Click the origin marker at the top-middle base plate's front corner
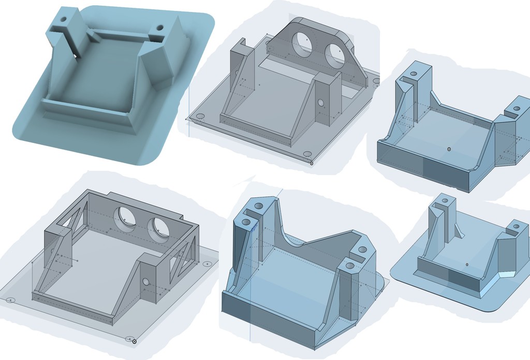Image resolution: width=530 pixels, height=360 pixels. [x=311, y=163]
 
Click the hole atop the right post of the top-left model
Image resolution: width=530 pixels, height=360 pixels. [x=159, y=27]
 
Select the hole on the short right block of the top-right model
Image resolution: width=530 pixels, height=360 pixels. [x=515, y=108]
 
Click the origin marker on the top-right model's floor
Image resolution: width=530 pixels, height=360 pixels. [x=449, y=149]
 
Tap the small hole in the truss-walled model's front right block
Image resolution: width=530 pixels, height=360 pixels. [x=146, y=282]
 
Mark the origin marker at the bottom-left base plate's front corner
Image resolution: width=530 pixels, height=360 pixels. [x=134, y=341]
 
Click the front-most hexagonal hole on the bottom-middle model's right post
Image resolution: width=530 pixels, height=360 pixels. [x=350, y=266]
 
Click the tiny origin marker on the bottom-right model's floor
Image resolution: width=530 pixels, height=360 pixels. [x=467, y=265]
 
